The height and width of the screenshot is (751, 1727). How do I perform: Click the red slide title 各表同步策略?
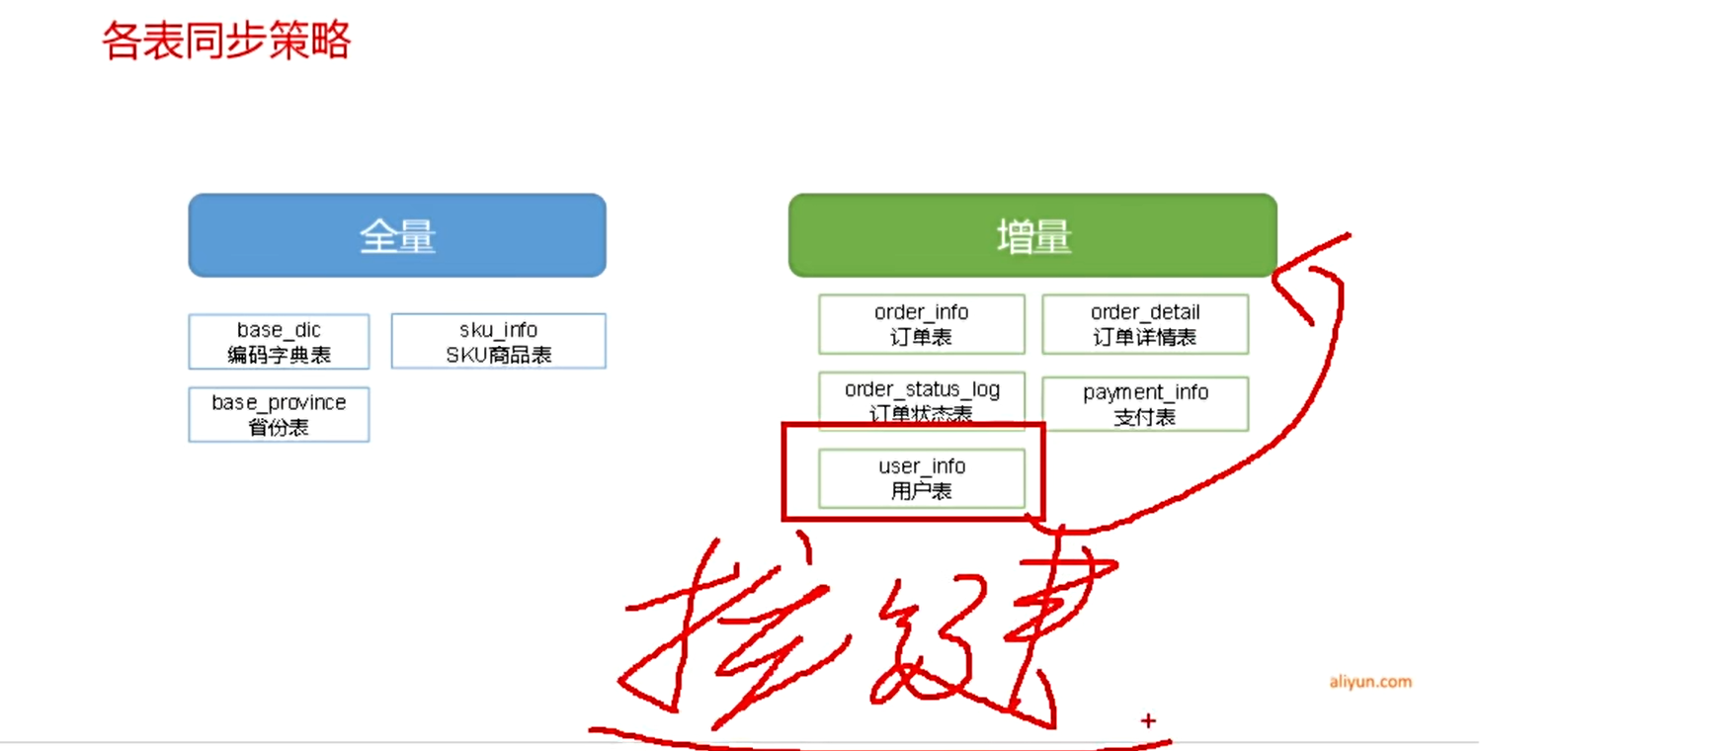pos(226,42)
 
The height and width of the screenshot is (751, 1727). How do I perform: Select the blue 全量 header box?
pos(397,235)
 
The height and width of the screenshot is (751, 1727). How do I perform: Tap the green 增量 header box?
pos(1032,235)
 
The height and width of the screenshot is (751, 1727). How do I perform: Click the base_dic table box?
pos(279,341)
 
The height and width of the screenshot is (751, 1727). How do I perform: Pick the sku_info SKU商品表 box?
pos(498,341)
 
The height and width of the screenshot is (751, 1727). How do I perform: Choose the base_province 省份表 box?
pos(279,414)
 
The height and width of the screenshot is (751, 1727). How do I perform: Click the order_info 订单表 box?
pos(921,324)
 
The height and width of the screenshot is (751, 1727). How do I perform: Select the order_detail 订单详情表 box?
pos(1144,324)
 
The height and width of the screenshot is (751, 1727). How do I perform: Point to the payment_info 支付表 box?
pos(1144,404)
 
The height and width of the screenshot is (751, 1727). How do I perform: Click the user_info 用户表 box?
pos(921,478)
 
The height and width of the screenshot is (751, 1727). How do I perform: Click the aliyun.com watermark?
pos(1369,682)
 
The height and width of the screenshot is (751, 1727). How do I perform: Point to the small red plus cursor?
pos(1148,720)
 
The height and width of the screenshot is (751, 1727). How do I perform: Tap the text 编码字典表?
pos(279,355)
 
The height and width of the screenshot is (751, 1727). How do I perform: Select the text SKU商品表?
pos(498,355)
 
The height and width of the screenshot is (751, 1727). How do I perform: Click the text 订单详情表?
pos(1144,337)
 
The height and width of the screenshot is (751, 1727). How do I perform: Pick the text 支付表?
pos(1144,417)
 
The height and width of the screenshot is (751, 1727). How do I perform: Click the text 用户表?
pos(921,491)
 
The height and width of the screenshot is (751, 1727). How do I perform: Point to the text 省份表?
pos(279,428)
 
